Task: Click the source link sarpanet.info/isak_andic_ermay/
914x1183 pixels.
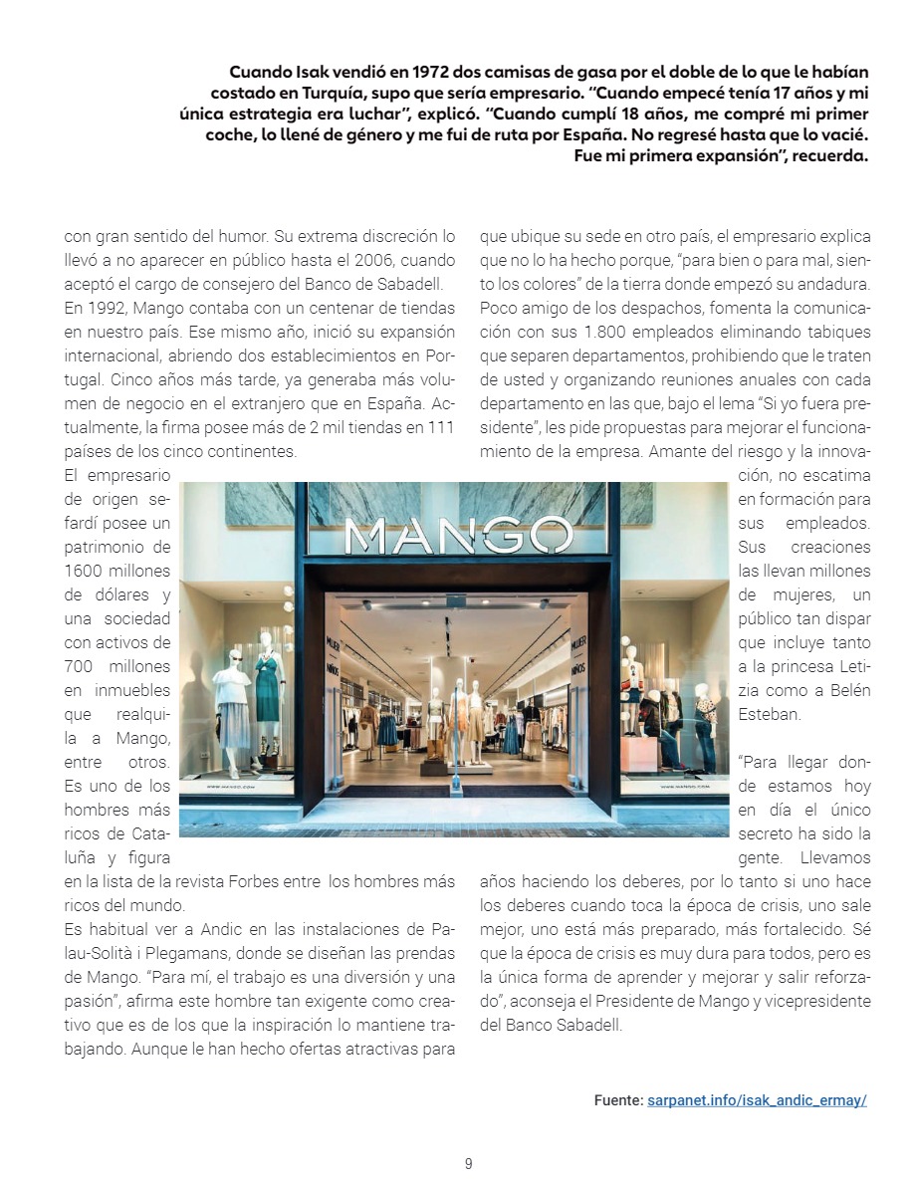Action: click(757, 1100)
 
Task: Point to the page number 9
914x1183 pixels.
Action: click(468, 1163)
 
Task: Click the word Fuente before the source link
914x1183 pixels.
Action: click(617, 1100)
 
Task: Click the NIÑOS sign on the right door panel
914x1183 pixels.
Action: click(575, 673)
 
